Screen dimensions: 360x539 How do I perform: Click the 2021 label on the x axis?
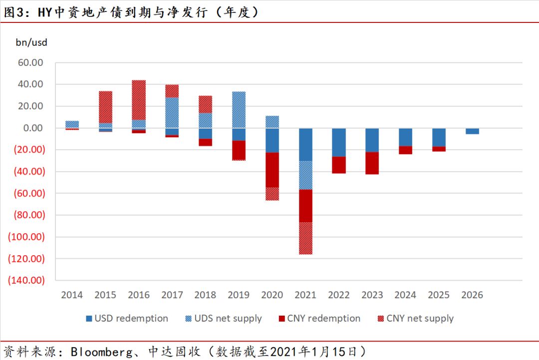pos(305,295)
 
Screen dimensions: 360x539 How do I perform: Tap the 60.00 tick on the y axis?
pos(30,63)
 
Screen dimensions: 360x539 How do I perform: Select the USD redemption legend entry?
pos(127,318)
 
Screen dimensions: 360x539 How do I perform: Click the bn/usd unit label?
pos(31,42)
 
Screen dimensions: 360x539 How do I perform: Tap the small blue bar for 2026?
pos(472,131)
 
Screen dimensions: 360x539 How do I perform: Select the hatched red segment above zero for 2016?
pos(139,100)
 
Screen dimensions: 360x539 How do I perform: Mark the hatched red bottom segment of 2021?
pos(305,238)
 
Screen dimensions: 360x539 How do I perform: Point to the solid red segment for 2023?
pos(372,163)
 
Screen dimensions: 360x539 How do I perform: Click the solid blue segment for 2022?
pos(339,142)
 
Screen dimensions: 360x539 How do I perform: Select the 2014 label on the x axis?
pos(72,295)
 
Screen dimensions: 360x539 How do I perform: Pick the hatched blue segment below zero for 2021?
pos(305,175)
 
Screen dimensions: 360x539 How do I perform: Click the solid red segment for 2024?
pos(405,150)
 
